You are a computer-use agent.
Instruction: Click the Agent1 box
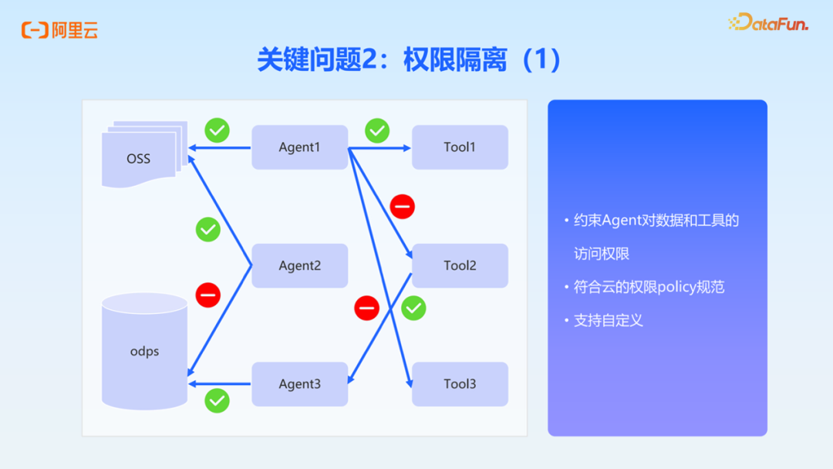pos(299,147)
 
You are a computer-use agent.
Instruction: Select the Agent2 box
pos(299,266)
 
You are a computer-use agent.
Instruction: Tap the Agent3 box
pos(299,384)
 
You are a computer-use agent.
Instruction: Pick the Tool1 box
pos(460,147)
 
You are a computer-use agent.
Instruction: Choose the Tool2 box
pos(460,266)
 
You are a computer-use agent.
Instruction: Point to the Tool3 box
pos(460,384)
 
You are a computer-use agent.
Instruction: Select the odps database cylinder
pos(144,351)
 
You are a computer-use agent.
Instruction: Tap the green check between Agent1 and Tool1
pos(377,130)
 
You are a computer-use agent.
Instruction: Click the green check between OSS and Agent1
pos(217,130)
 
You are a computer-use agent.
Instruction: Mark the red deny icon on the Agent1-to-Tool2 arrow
pos(402,206)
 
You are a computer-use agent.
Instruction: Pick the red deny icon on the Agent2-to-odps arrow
pos(207,295)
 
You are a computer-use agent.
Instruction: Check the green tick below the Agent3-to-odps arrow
pos(217,400)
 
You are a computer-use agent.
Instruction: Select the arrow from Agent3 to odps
pos(221,384)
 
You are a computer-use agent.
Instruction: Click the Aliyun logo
pos(59,31)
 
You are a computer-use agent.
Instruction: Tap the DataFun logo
pos(768,23)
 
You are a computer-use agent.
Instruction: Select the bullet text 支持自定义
pos(608,320)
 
